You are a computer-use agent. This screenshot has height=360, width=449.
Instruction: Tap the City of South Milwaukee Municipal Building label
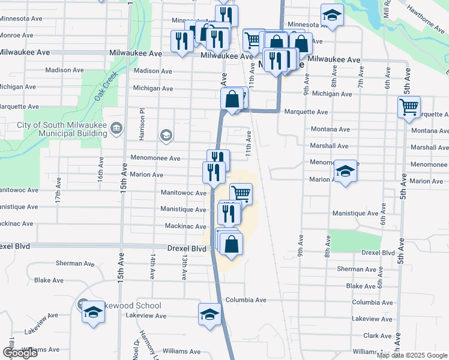click(x=58, y=129)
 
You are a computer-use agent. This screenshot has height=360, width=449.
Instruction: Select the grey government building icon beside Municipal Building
click(x=116, y=127)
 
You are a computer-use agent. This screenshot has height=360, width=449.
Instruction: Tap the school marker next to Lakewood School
click(x=92, y=313)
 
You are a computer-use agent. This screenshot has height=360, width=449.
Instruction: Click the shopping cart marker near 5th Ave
click(x=409, y=108)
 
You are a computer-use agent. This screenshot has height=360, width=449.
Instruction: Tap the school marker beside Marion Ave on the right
click(x=345, y=172)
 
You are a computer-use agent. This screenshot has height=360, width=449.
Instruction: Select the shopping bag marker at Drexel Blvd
click(x=231, y=245)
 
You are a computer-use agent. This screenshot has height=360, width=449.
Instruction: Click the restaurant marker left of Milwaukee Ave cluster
click(x=181, y=41)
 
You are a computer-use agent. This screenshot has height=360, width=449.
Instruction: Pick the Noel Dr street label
click(x=137, y=347)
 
